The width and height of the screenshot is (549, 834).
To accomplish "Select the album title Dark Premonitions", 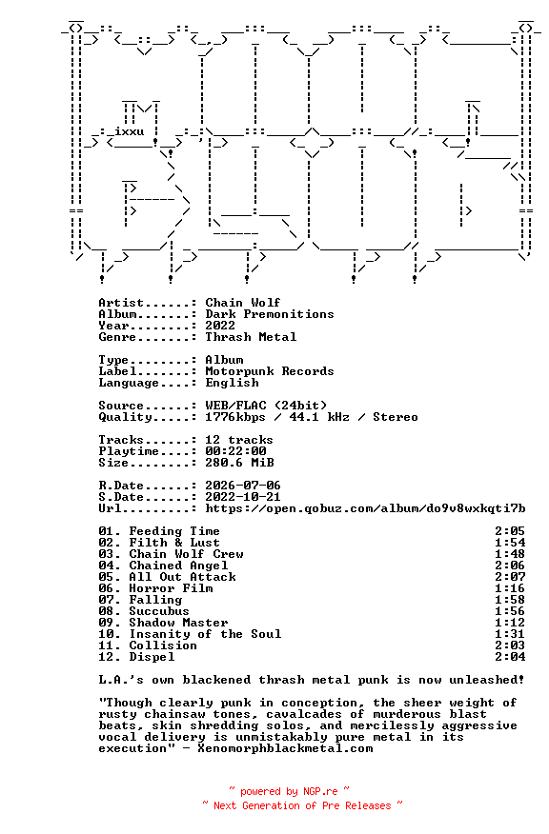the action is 270,314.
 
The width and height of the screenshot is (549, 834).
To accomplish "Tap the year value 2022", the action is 220,326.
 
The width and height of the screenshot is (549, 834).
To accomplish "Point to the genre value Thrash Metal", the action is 251,337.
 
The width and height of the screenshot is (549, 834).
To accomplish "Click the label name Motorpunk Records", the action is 270,371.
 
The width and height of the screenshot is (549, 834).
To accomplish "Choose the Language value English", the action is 233,383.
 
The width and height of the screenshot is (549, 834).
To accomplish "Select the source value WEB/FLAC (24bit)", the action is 266,406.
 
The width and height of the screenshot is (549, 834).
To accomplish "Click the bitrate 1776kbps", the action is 235,418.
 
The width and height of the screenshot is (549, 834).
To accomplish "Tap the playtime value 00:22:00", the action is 235,451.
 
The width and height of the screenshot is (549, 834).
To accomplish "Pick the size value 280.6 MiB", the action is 239,463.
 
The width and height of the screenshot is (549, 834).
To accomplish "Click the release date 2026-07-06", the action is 243,486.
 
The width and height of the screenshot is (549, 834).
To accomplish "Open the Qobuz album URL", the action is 365,508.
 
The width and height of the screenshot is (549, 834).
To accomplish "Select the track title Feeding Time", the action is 174,531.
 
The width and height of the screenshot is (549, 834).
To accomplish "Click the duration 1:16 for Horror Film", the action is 510,588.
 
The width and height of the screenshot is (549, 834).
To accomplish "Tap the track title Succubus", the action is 159,611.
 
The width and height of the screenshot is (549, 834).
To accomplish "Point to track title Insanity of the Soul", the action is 205,634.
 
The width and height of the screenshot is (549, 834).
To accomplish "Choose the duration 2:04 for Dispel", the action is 510,657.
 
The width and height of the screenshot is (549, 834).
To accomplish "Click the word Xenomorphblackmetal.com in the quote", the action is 285,748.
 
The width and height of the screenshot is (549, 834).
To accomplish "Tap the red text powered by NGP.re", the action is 289,792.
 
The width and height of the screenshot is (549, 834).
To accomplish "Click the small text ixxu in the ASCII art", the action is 129,131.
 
